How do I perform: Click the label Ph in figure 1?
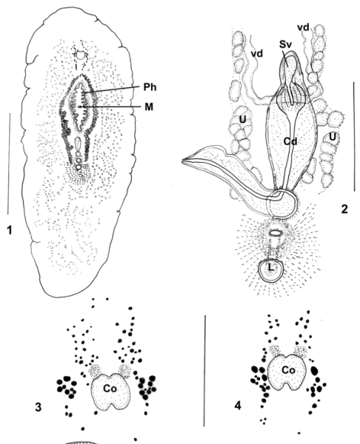coord(150,87)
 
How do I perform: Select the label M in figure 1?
coord(149,107)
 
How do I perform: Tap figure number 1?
coord(10,230)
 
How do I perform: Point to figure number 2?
coord(344,209)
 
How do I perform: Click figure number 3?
coord(39,407)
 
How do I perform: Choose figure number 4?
coord(238,406)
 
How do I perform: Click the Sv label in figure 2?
coord(285,44)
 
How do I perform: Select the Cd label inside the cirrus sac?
coord(290,141)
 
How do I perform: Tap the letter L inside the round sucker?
coord(271,267)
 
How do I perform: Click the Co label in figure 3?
coord(110,388)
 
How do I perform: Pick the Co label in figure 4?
coord(289,370)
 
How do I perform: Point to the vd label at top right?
coord(303,27)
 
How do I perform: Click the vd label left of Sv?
coord(257,53)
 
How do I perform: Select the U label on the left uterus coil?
coord(243,120)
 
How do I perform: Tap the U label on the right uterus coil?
coord(332,137)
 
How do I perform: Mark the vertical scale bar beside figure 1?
coord(9,164)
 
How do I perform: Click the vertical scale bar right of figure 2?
coord(354,136)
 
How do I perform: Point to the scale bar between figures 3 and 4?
coord(204,371)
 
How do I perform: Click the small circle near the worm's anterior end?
coord(81,55)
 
